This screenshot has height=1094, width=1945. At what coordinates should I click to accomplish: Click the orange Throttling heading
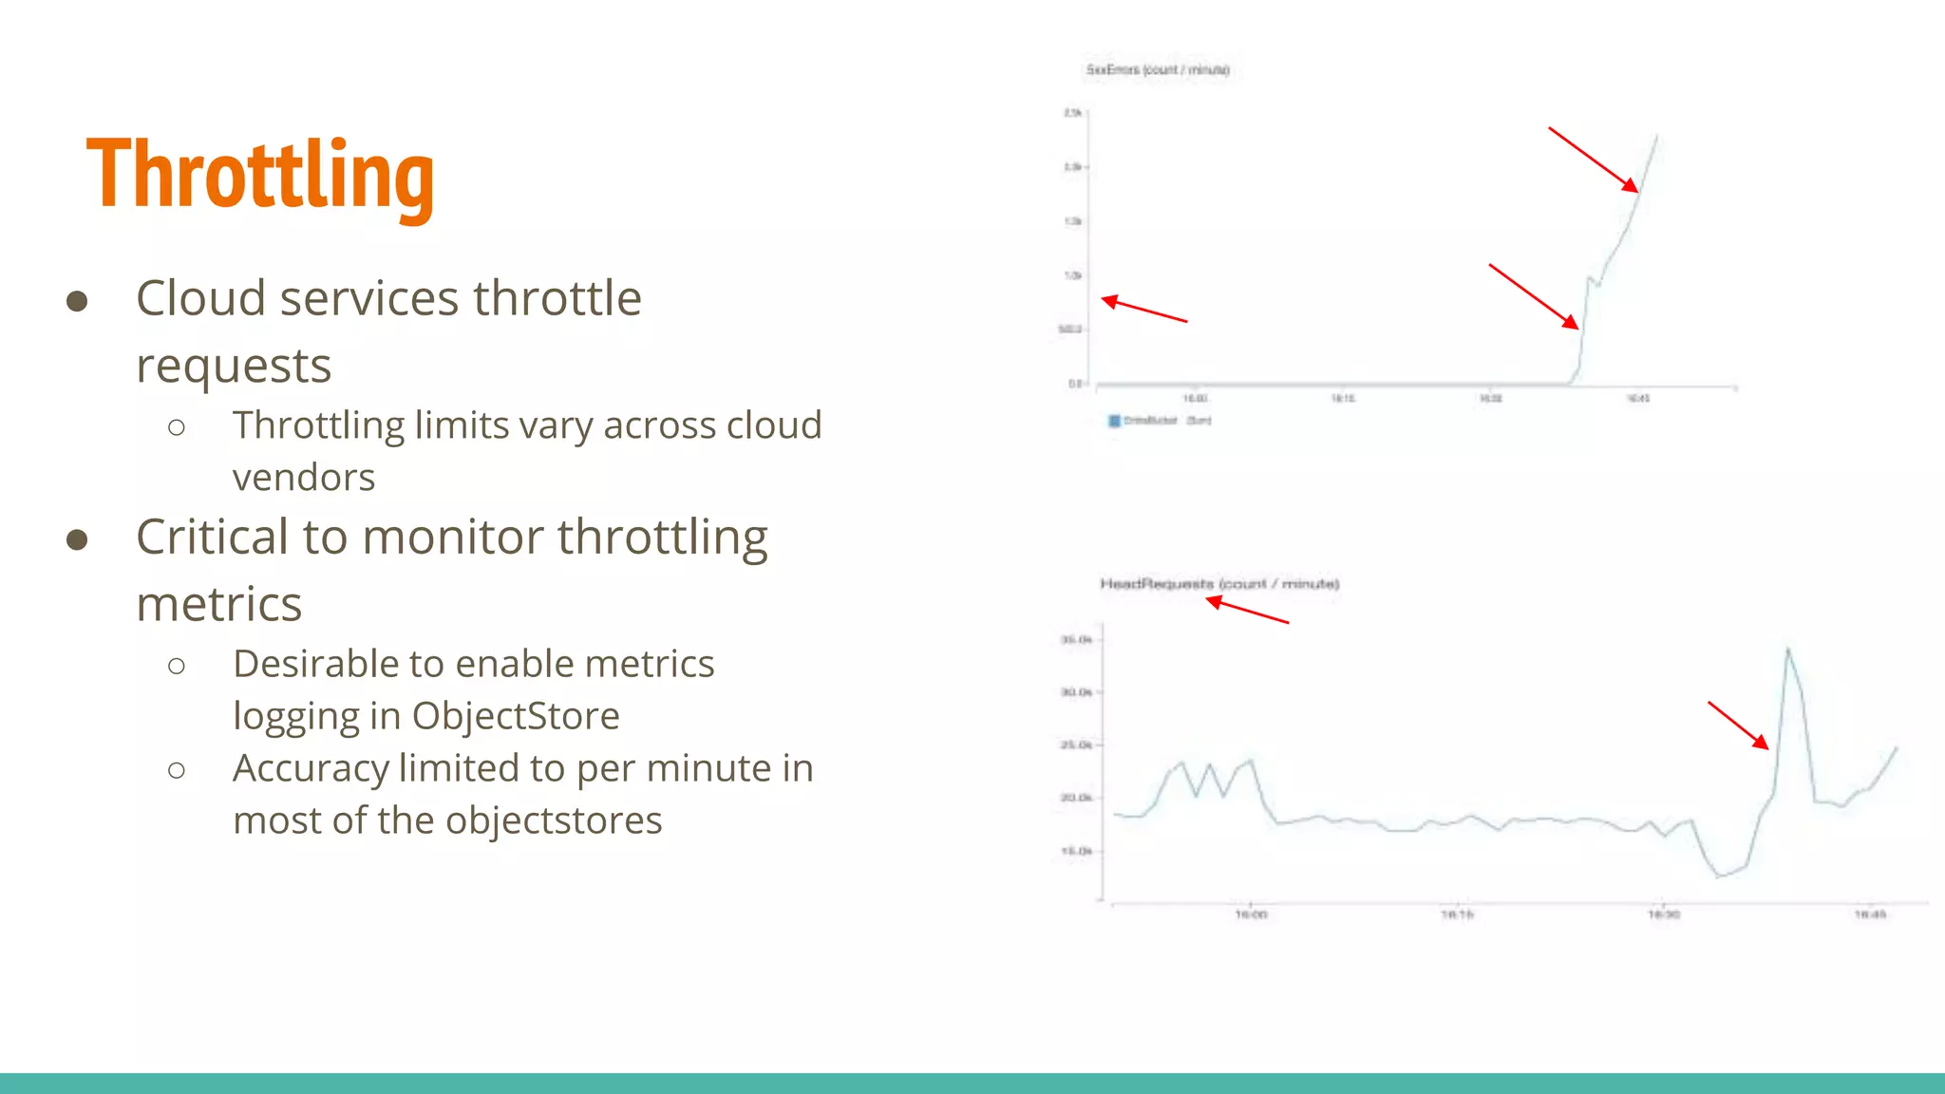pyautogui.click(x=260, y=175)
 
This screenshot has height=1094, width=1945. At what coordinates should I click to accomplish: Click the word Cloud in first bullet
pyautogui.click(x=199, y=298)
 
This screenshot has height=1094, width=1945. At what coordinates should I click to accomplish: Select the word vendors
pyautogui.click(x=304, y=478)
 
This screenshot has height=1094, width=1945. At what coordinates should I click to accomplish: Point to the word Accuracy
pyautogui.click(x=311, y=768)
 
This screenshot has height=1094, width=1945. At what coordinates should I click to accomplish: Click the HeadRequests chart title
pyautogui.click(x=1218, y=583)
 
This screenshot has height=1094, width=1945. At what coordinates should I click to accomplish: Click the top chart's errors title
pyautogui.click(x=1157, y=69)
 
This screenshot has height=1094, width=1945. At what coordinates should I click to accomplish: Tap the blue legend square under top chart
pyautogui.click(x=1114, y=421)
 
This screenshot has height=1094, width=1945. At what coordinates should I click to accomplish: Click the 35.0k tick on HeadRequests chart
pyautogui.click(x=1075, y=640)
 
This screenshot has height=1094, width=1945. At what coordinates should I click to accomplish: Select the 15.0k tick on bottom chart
pyautogui.click(x=1075, y=851)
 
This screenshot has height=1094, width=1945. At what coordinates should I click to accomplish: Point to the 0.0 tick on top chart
pyautogui.click(x=1074, y=384)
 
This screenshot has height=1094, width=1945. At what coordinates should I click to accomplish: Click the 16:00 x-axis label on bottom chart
pyautogui.click(x=1251, y=915)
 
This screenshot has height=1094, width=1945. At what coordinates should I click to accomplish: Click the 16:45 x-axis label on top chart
pyautogui.click(x=1638, y=399)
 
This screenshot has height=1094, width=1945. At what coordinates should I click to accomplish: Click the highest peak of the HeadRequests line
pyautogui.click(x=1788, y=650)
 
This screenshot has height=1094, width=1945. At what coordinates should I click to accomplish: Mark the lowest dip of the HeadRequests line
pyautogui.click(x=1719, y=876)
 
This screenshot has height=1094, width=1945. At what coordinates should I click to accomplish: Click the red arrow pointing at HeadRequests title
pyautogui.click(x=1246, y=612)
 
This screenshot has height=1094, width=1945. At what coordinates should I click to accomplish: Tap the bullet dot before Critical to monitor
pyautogui.click(x=77, y=539)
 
